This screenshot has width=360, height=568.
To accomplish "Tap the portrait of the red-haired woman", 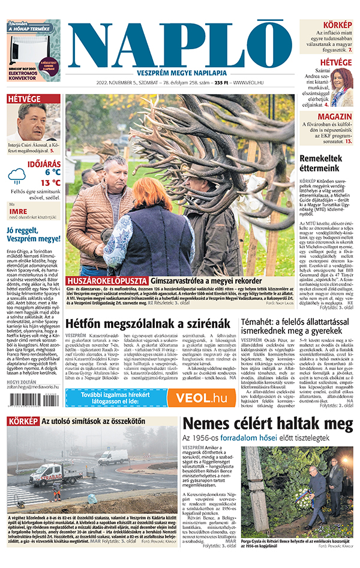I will (x=342, y=85).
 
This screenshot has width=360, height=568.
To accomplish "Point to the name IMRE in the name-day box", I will (x=17, y=212).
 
